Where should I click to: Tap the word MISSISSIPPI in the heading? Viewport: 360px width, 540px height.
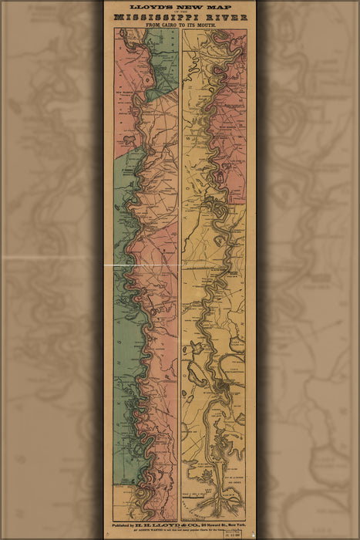pos(158,17)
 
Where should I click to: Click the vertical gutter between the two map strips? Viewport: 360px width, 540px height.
pos(180,270)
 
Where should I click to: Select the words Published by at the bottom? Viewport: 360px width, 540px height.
pos(128,525)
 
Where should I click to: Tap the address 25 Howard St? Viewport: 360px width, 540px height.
pos(211,525)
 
